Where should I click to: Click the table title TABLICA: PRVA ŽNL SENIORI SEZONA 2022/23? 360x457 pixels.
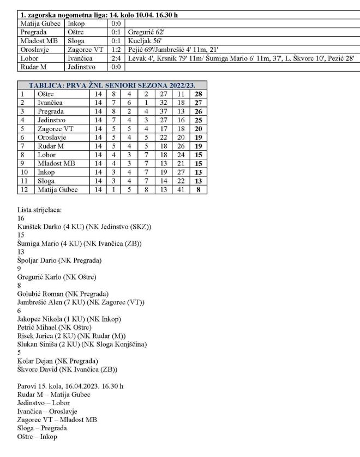(111, 86)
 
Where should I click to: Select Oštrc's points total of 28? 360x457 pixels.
(198, 94)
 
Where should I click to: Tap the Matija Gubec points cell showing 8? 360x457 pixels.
(198, 189)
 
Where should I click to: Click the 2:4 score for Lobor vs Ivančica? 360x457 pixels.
(116, 58)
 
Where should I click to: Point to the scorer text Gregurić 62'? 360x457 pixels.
(146, 32)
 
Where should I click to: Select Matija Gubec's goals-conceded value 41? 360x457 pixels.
(181, 189)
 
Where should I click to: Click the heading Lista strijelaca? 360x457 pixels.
(39, 210)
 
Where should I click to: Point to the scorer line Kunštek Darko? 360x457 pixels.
(85, 227)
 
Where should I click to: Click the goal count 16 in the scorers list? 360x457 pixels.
(22, 218)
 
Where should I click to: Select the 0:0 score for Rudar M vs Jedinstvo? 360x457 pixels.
(116, 67)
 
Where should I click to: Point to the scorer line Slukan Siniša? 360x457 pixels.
(82, 344)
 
